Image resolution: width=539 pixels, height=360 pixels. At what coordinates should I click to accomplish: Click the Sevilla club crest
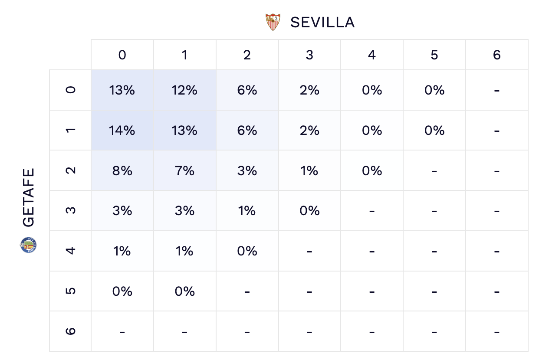point(273,22)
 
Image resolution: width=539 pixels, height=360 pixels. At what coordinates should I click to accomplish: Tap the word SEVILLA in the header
point(322,23)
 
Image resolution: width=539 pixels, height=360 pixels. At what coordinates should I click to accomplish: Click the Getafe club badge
point(29,245)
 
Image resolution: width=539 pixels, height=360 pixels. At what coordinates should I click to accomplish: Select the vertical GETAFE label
point(29,197)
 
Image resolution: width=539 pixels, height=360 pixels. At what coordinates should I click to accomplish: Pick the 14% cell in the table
point(122,131)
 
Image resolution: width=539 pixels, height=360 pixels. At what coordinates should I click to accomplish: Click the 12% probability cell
point(185,90)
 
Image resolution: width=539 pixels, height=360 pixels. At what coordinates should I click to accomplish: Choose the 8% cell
point(122,170)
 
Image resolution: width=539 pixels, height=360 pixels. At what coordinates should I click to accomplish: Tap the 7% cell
point(185,170)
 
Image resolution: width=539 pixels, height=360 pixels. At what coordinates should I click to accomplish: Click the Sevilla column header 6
point(497,55)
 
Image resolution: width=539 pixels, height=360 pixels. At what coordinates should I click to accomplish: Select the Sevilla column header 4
point(372,55)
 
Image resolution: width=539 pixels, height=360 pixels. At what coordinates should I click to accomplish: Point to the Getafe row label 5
point(71,291)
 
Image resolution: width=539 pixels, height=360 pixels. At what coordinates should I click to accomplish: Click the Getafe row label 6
point(71,331)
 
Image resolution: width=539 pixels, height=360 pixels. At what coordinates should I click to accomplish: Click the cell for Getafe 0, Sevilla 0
point(122,90)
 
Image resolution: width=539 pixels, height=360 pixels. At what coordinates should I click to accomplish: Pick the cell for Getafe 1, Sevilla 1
point(185,131)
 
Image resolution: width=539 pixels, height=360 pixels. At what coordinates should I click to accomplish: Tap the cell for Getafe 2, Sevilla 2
point(247,170)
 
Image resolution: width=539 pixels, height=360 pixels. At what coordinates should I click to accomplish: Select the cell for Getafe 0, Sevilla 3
point(309,90)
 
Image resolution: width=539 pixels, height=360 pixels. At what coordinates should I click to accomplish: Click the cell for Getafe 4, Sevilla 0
point(122,251)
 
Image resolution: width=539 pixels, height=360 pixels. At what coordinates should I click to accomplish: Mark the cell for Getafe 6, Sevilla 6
point(497,331)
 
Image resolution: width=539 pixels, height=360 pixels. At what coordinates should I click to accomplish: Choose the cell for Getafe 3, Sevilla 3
point(309,211)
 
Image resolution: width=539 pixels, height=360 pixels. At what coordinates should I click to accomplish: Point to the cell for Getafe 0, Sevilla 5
point(434,90)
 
